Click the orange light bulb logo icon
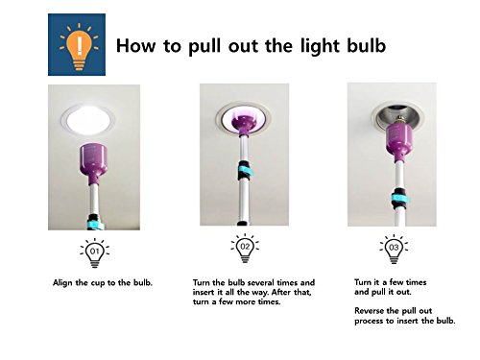[x=79, y=46]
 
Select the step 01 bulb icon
[x=95, y=252]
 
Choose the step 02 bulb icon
[x=245, y=249]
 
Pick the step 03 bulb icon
[x=394, y=249]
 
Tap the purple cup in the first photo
[x=93, y=163]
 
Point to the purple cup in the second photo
[x=244, y=124]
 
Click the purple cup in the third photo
[x=398, y=141]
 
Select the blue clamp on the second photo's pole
[x=245, y=171]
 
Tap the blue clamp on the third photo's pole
[x=399, y=200]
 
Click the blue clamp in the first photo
[x=96, y=224]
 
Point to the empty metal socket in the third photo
[x=397, y=118]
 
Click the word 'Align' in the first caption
[x=62, y=283]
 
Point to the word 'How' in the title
[x=136, y=45]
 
